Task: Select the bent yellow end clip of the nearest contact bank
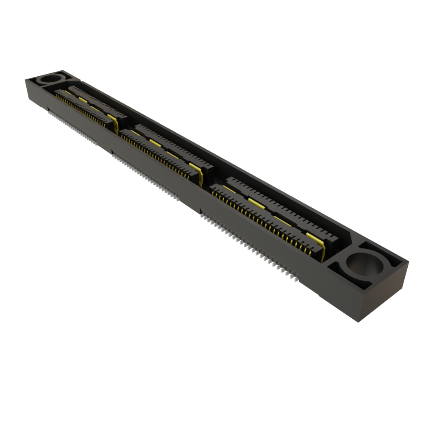tap(322, 250)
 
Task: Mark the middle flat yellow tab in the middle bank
tap(155, 142)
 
